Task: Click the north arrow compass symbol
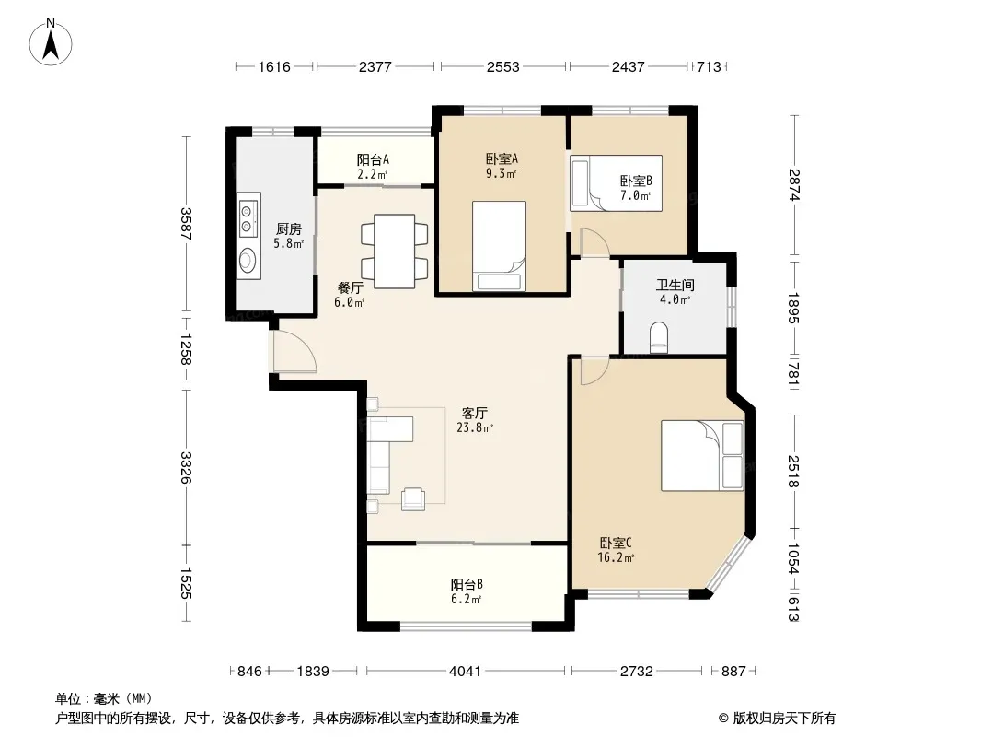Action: tap(51, 41)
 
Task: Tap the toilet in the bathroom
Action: tap(659, 337)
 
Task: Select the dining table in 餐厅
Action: tap(394, 252)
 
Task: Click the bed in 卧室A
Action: tap(499, 246)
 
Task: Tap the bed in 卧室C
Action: tap(702, 456)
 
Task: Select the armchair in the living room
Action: tap(413, 498)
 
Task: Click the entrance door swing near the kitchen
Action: tap(294, 351)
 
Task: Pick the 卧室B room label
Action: tap(636, 181)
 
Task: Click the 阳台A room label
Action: tap(373, 159)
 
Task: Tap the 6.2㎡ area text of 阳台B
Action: tap(466, 599)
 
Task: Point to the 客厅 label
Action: tap(474, 414)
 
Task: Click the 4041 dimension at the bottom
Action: tap(465, 672)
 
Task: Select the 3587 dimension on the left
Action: tap(185, 224)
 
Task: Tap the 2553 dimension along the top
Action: tap(503, 66)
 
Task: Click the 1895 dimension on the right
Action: tap(793, 308)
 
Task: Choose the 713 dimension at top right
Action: tap(709, 66)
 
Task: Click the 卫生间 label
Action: tap(675, 285)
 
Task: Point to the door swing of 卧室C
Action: tap(594, 370)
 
